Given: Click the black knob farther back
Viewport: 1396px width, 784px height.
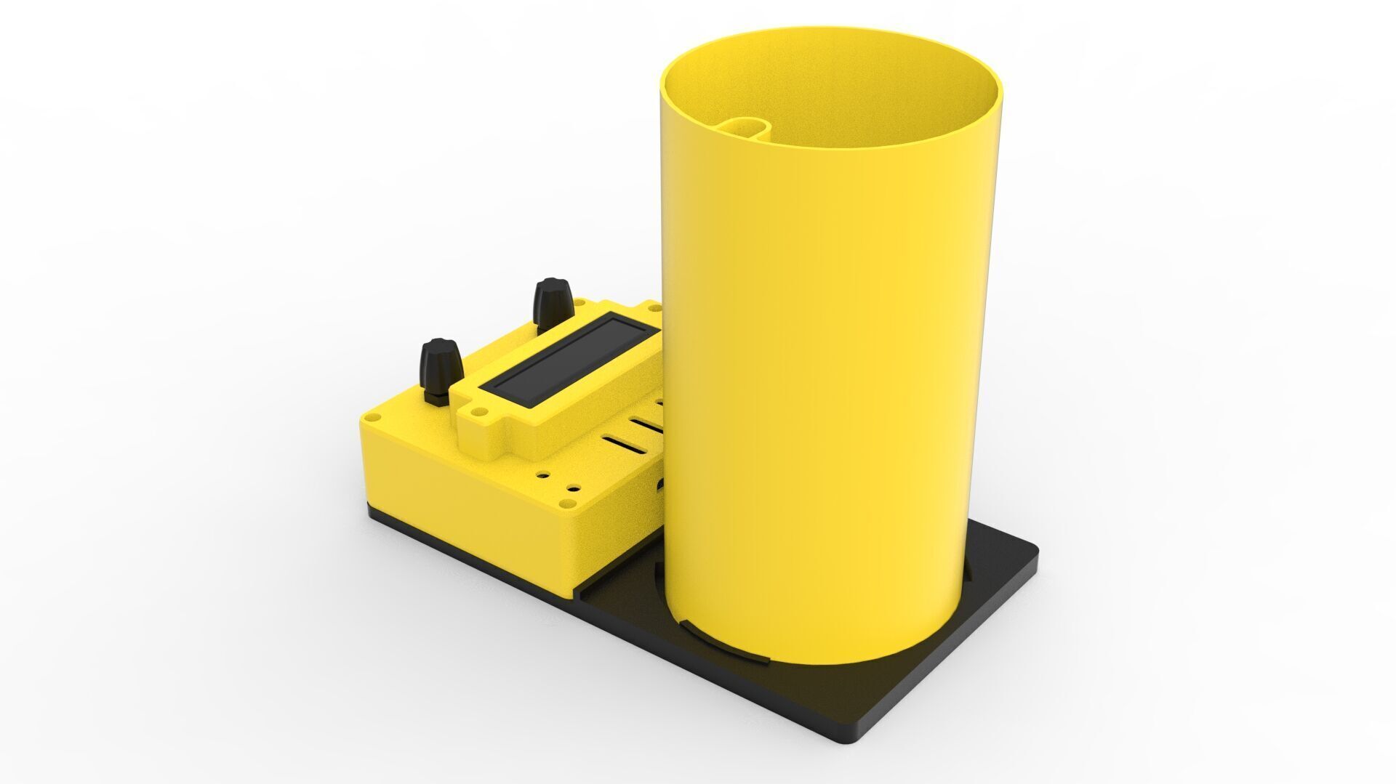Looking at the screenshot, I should coord(552,300).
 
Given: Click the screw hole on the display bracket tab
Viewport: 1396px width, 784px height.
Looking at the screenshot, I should coord(478,411).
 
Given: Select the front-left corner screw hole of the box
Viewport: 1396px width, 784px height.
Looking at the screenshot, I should coord(375,418).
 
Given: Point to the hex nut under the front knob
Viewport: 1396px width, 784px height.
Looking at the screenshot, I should coord(438,397).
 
